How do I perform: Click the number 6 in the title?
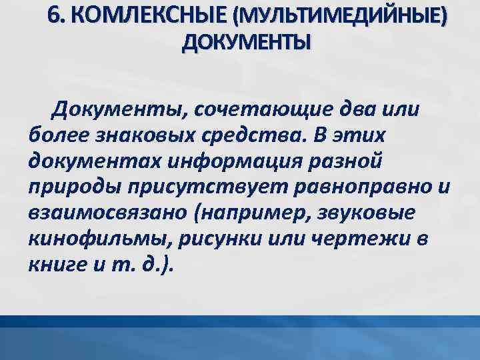pos(55,16)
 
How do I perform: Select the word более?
pos(57,135)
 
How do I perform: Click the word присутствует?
pos(203,187)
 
